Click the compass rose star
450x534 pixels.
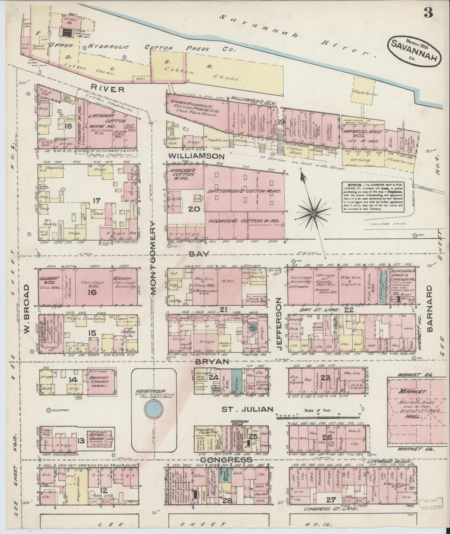(x=313, y=214)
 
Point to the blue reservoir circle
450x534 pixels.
(x=153, y=410)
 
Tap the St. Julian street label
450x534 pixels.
(x=247, y=410)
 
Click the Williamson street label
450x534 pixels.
(x=198, y=156)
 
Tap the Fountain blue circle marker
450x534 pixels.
(x=49, y=410)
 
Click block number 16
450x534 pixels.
(x=92, y=292)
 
